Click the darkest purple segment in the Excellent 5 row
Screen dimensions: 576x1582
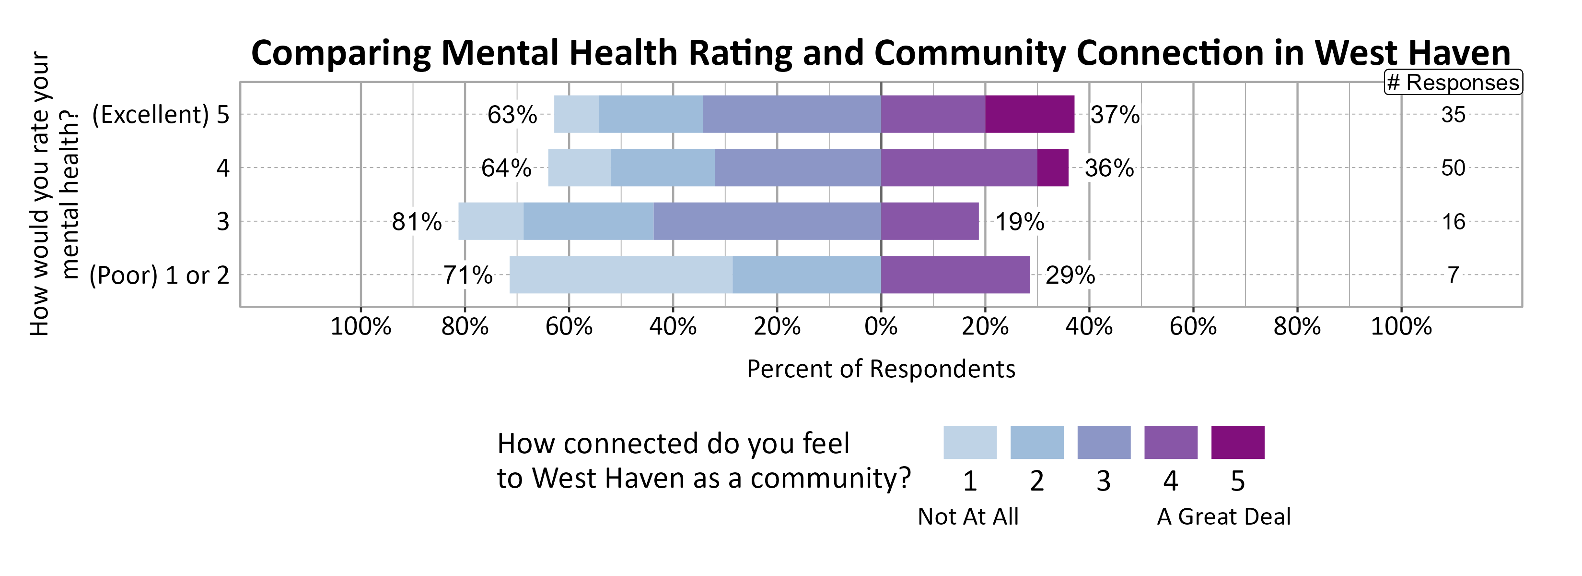pyautogui.click(x=1030, y=114)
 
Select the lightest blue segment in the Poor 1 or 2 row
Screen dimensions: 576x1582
pyautogui.click(x=621, y=275)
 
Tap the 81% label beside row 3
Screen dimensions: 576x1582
pyautogui.click(x=417, y=222)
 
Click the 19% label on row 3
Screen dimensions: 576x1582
pyautogui.click(x=1020, y=222)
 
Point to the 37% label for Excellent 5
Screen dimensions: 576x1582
pyautogui.click(x=1115, y=115)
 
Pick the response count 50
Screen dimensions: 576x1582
pyautogui.click(x=1453, y=168)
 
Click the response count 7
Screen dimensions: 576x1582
pyautogui.click(x=1453, y=275)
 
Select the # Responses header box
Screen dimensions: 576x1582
pyautogui.click(x=1453, y=83)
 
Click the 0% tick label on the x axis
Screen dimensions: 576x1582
pyautogui.click(x=881, y=326)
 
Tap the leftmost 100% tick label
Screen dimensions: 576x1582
pyautogui.click(x=361, y=326)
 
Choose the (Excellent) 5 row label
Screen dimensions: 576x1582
pyautogui.click(x=160, y=114)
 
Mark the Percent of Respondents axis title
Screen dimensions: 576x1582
pyautogui.click(x=881, y=369)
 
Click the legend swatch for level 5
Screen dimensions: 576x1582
pyautogui.click(x=1237, y=442)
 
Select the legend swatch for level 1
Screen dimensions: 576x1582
pyautogui.click(x=970, y=442)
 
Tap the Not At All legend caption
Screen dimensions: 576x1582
pyautogui.click(x=968, y=516)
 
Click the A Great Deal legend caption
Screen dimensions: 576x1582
pyautogui.click(x=1223, y=516)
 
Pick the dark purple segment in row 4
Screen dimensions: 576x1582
pyautogui.click(x=1053, y=168)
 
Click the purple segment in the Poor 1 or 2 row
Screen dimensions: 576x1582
pyautogui.click(x=955, y=275)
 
